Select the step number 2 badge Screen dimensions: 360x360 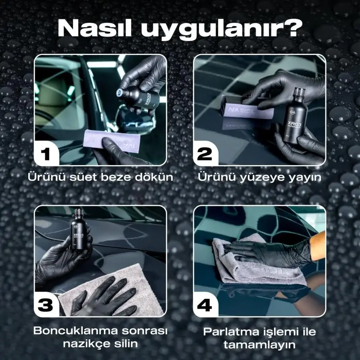point(205,153)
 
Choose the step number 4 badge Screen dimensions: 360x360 point(205,305)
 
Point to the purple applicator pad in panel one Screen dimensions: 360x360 point(112,140)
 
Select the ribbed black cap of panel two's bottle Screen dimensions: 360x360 point(300,94)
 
